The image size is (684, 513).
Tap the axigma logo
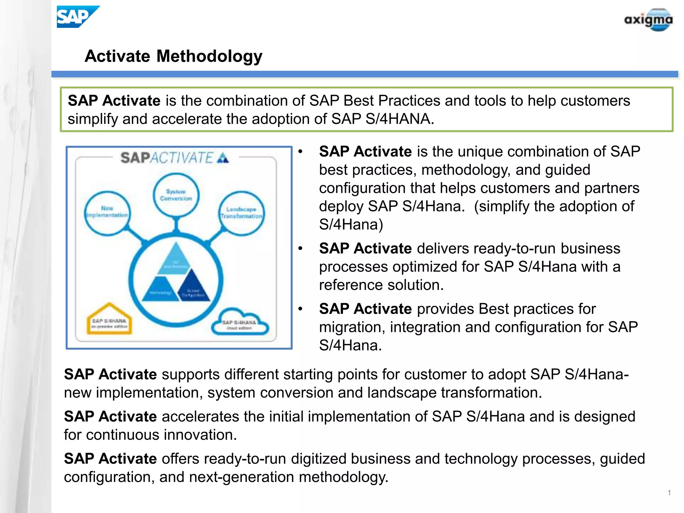648,20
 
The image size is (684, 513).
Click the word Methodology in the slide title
209,56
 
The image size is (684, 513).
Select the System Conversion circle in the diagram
176,195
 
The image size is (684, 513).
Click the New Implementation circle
107,213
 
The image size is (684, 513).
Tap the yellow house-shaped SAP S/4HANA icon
109,320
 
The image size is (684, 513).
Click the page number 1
669,493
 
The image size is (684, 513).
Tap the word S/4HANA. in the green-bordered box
399,119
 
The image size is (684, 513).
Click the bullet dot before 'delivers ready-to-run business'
300,248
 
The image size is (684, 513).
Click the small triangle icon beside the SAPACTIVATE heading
223,158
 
